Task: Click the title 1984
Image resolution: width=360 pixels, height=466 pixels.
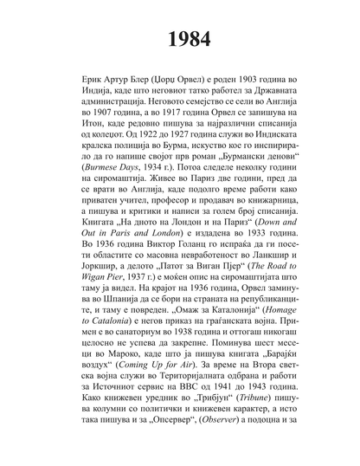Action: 180,39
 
